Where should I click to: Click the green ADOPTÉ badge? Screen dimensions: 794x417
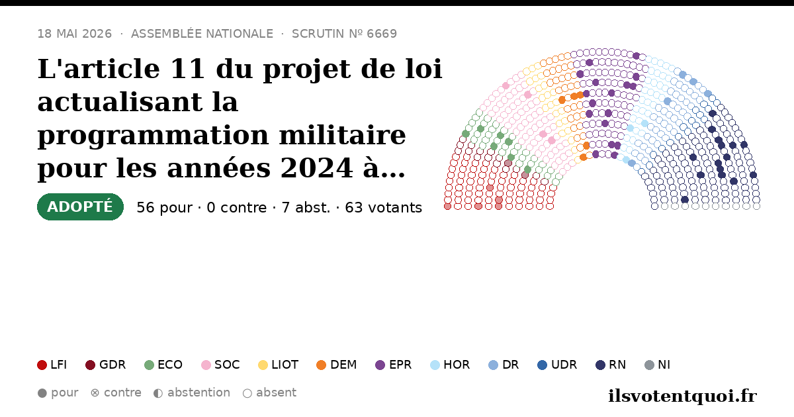[x=80, y=207]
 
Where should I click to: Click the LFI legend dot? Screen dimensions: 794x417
[x=42, y=365]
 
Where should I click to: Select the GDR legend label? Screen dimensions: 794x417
[x=112, y=365]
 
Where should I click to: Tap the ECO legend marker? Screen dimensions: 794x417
[x=150, y=365]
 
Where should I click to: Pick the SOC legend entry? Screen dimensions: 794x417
[x=220, y=365]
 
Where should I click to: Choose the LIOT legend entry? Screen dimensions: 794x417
[x=279, y=365]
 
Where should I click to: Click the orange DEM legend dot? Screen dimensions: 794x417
[x=321, y=365]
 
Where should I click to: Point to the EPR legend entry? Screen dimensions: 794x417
[x=394, y=365]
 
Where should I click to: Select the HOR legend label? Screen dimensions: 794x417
[x=457, y=365]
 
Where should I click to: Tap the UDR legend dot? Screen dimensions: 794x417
[x=543, y=365]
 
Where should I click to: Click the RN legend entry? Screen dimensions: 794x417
[x=611, y=365]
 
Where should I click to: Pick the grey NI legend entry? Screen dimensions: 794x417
[x=658, y=365]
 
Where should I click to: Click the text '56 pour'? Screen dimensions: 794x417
[x=165, y=208]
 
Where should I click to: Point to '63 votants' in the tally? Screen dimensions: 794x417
[x=384, y=208]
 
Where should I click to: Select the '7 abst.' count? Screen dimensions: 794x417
[x=306, y=208]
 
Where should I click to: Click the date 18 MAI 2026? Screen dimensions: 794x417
[x=75, y=34]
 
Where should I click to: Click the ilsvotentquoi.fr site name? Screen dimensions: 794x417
[x=682, y=396]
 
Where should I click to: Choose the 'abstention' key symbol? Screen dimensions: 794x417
[x=158, y=393]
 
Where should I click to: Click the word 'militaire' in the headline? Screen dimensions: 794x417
[x=343, y=135]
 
